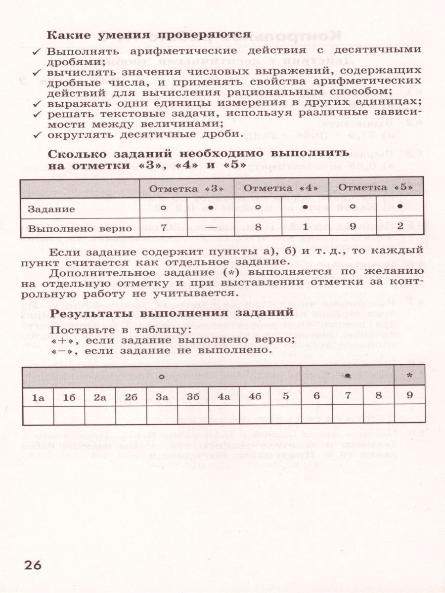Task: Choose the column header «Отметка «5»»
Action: pyautogui.click(x=376, y=188)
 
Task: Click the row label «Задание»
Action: pyautogui.click(x=51, y=209)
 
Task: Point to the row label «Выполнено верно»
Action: pyautogui.click(x=80, y=228)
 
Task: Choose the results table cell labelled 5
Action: pyautogui.click(x=286, y=397)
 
